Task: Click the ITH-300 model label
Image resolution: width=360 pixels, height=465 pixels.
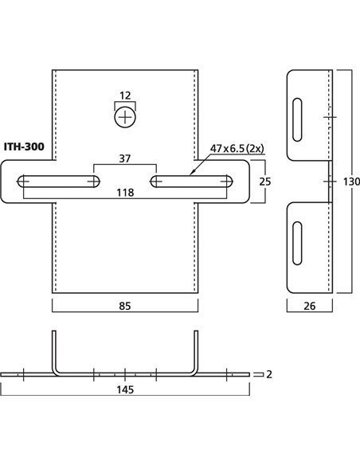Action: tap(24, 147)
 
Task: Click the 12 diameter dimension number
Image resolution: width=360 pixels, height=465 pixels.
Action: tap(125, 96)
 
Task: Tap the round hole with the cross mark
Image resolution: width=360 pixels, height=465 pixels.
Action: tap(125, 118)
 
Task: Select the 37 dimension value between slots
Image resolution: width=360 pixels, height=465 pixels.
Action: tap(125, 158)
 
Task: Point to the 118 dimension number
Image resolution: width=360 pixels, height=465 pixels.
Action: tap(125, 193)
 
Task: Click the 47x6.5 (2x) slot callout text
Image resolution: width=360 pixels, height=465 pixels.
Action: tap(237, 148)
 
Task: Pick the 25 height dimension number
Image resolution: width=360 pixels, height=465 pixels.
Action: tap(265, 182)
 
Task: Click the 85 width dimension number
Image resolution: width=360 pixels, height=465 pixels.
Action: tap(125, 306)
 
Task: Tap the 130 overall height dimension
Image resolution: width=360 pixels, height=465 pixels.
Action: tap(351, 182)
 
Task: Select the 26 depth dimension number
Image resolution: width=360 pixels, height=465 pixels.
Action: tap(310, 306)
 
